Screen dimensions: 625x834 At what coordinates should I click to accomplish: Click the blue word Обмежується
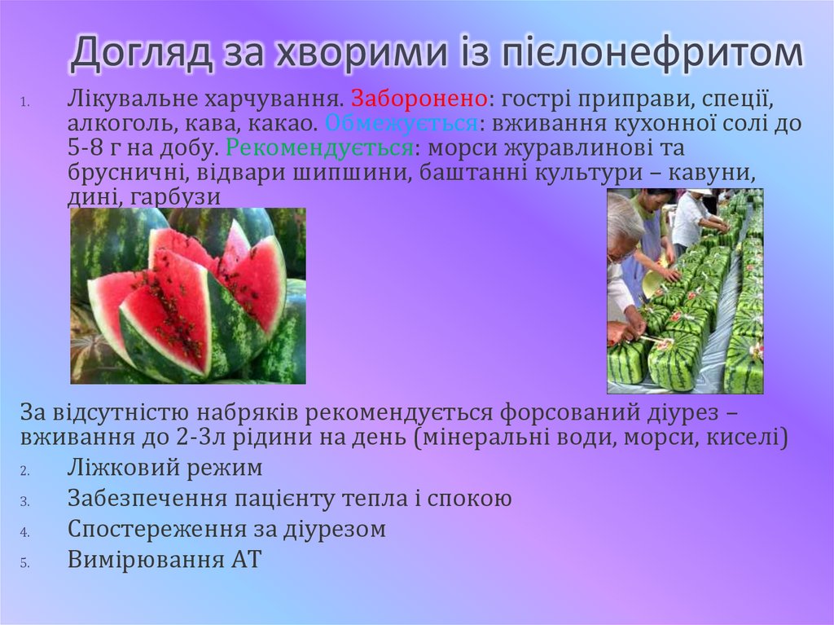point(400,125)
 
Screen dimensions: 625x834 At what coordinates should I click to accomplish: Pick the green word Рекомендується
point(318,149)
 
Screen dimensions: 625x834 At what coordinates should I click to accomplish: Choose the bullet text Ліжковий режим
point(165,469)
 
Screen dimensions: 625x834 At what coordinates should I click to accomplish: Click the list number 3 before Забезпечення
point(25,500)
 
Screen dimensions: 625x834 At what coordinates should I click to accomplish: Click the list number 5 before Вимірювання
point(25,562)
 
